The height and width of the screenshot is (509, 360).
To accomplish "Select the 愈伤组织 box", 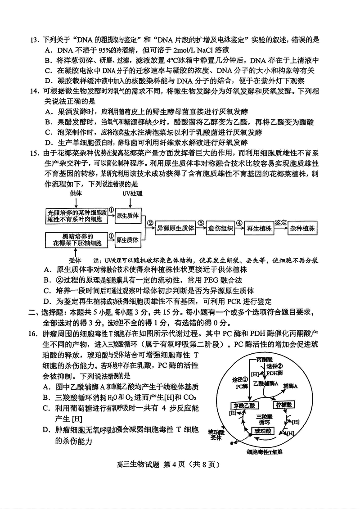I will [220, 228].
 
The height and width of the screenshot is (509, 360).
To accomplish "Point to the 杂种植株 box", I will [302, 228].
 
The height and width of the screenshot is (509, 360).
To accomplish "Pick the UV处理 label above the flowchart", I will [132, 194].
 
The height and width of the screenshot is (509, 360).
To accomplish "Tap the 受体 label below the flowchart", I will [74, 260].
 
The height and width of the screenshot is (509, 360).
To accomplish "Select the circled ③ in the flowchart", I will [201, 223].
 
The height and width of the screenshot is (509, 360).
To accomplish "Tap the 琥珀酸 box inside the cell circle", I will [262, 431].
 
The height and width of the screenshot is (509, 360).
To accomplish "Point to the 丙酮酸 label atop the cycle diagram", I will [264, 360].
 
